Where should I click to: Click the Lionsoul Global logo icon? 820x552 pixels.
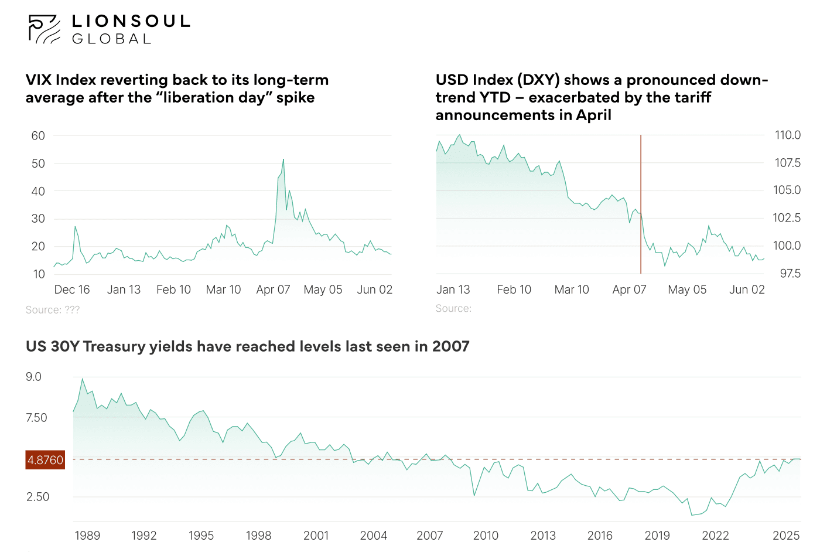tap(44, 29)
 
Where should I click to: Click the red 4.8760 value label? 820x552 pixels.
tap(45, 460)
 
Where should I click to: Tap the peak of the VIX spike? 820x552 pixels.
tap(283, 159)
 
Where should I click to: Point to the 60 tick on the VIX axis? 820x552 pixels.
tap(38, 136)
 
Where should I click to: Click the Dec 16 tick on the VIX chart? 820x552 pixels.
tap(72, 289)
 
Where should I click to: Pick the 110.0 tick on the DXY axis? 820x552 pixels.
tap(787, 135)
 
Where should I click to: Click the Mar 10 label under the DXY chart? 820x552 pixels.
tap(572, 289)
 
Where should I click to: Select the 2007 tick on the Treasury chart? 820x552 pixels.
tap(429, 536)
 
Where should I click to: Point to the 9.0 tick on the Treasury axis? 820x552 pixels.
tap(34, 377)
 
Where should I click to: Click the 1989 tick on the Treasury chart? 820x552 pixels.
tap(87, 536)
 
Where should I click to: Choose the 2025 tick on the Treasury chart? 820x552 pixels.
tap(786, 536)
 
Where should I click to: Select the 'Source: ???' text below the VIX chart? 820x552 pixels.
tap(53, 310)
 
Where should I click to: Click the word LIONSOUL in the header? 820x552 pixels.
tap(131, 22)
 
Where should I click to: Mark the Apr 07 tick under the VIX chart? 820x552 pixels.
tap(273, 289)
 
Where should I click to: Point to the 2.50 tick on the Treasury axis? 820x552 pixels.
tap(38, 497)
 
